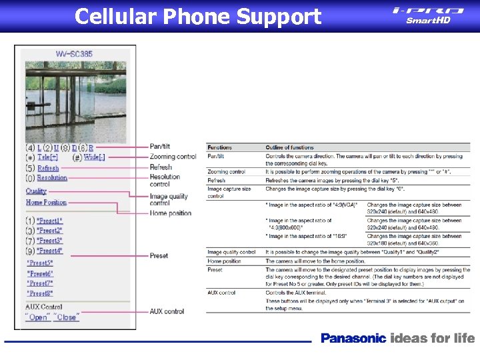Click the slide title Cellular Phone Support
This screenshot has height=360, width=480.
click(198, 16)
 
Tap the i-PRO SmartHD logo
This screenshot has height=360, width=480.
click(428, 15)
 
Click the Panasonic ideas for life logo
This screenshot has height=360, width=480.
click(397, 338)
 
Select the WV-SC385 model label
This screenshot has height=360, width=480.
click(74, 53)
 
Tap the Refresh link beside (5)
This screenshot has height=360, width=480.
click(49, 168)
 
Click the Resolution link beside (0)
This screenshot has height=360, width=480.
click(52, 178)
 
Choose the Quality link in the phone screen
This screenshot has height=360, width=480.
click(37, 191)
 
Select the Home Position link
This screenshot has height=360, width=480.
click(46, 202)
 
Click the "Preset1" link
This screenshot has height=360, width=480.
click(49, 221)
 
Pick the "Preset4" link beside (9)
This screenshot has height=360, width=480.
click(49, 251)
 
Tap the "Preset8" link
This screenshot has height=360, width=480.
click(41, 293)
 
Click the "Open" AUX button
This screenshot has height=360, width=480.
click(38, 317)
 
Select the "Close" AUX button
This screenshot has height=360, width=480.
click(66, 317)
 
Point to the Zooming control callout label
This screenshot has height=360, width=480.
click(173, 157)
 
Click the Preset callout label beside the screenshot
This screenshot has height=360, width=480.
click(159, 256)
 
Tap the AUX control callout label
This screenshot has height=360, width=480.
click(167, 311)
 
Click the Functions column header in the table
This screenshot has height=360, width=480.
click(220, 147)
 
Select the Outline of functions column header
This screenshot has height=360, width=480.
click(289, 147)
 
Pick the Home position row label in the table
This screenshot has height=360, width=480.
click(224, 261)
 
